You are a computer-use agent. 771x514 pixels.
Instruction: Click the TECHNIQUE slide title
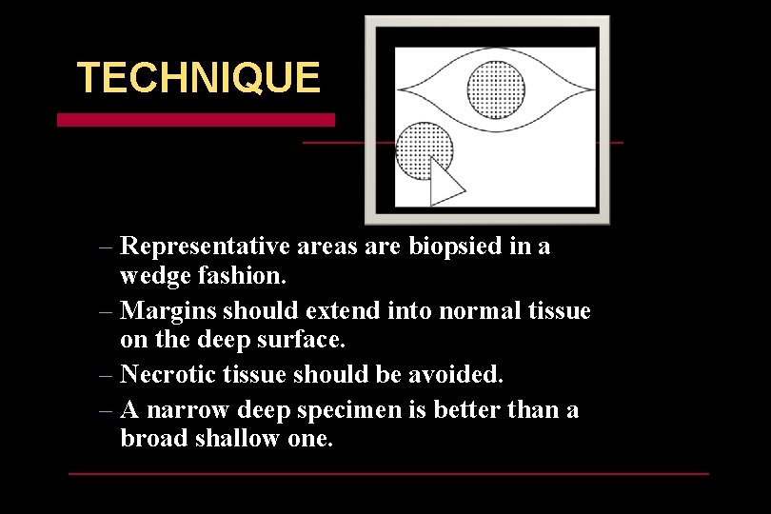198,78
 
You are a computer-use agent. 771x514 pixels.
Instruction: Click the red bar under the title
195,120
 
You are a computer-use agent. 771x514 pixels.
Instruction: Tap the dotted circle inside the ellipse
496,88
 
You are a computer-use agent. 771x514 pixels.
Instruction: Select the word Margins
168,311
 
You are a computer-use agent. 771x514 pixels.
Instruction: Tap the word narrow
188,410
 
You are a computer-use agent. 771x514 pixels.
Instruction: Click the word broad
152,439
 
